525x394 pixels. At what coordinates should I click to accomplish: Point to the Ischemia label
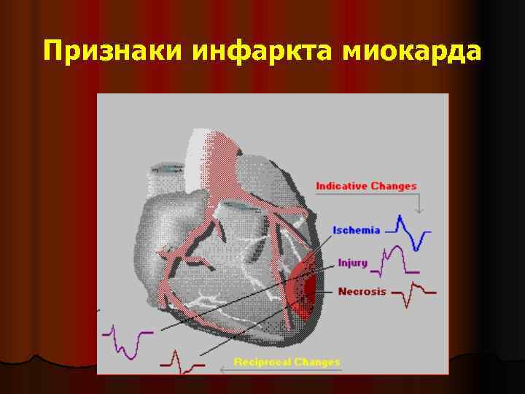pos(357,231)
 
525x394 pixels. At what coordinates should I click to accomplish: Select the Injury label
pos(352,263)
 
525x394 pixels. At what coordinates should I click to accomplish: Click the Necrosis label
pos(362,291)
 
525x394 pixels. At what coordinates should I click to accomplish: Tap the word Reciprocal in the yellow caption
pos(261,362)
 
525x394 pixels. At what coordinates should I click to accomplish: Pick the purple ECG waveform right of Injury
pos(394,261)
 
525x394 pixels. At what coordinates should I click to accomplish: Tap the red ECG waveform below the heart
pos(178,360)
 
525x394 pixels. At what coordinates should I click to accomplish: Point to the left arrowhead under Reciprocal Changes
pos(222,370)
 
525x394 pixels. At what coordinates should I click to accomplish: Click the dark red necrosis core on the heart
pos(310,288)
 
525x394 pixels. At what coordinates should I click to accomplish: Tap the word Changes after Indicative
pos(394,186)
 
